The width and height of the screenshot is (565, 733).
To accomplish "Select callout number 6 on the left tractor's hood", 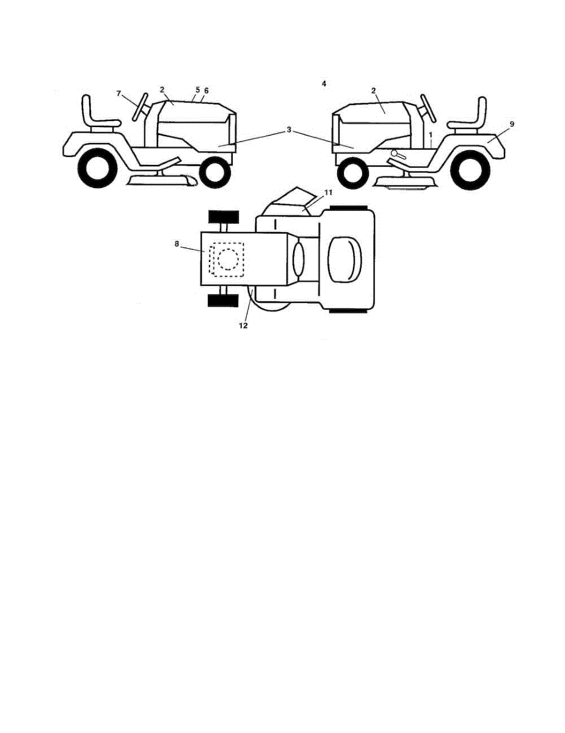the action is [206, 90].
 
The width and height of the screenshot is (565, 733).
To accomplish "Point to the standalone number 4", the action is [324, 83].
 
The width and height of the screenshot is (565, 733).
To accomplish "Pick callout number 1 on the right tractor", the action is [431, 133].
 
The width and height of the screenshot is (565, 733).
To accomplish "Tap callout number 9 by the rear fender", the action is [512, 124].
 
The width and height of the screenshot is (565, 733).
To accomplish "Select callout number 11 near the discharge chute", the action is [327, 192].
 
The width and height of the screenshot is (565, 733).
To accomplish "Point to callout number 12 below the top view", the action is [242, 326].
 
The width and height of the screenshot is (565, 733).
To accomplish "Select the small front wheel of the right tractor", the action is [352, 173].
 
